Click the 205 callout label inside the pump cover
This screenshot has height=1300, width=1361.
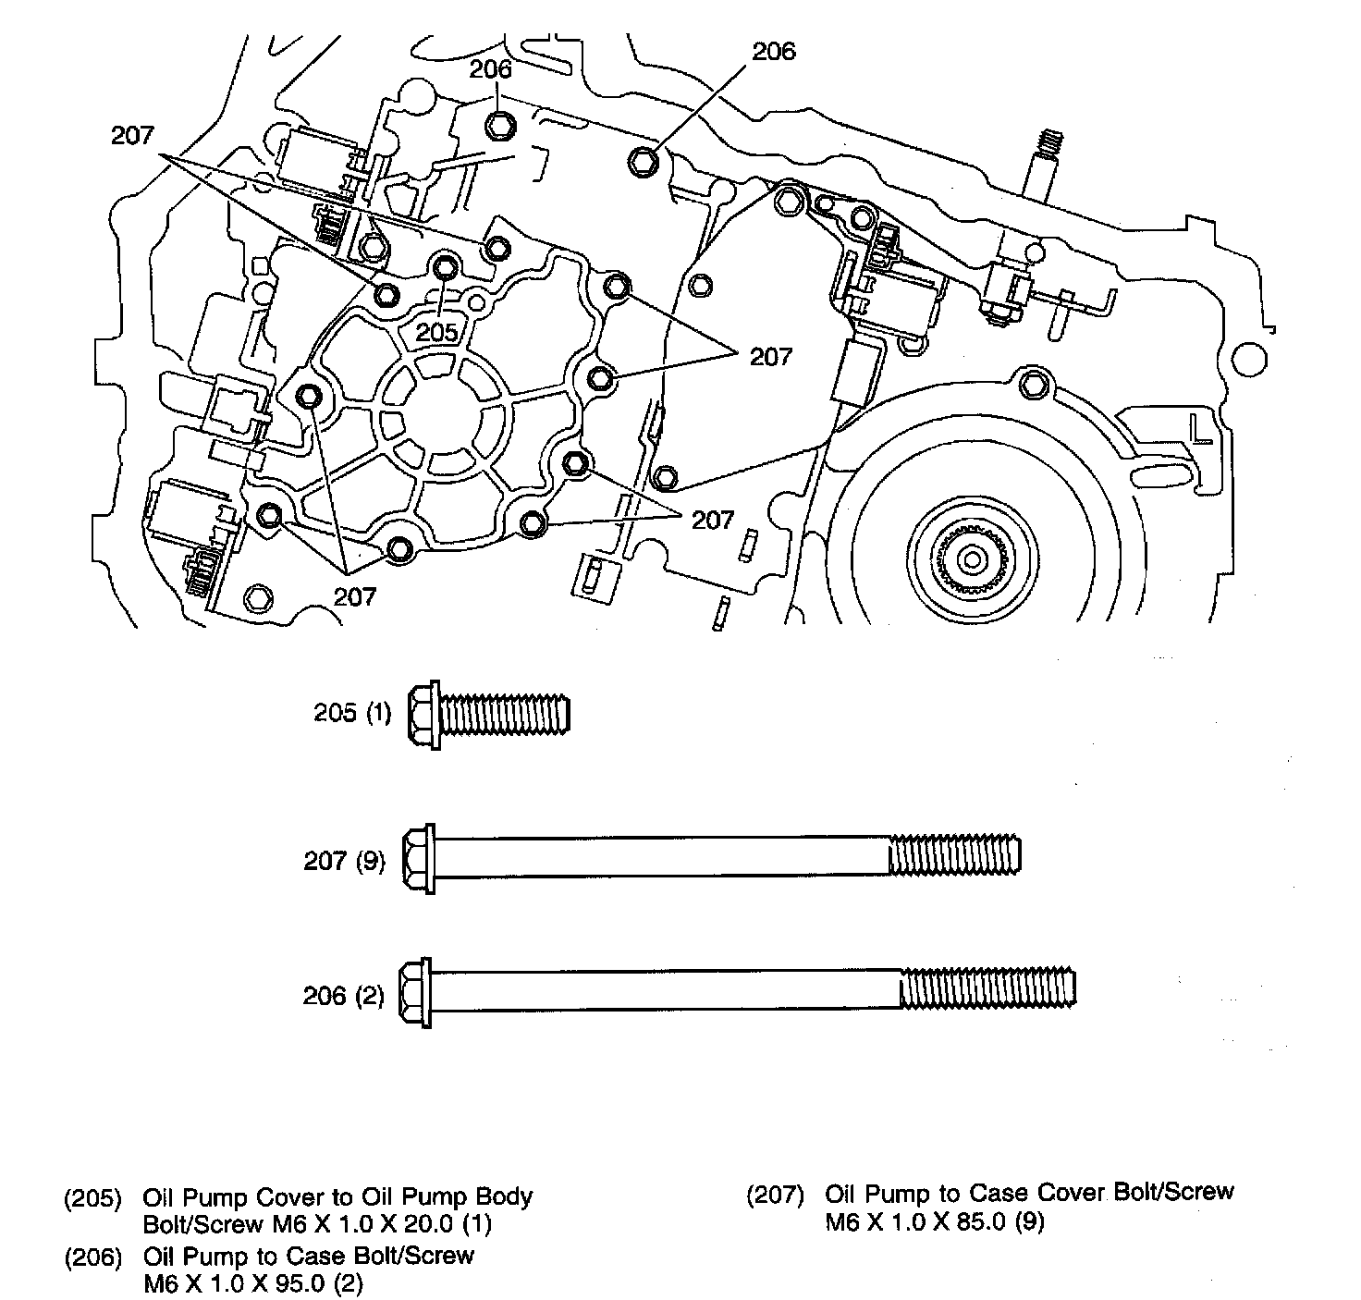pos(437,332)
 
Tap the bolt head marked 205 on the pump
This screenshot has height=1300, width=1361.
pos(445,268)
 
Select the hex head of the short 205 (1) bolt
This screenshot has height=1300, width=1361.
pos(423,714)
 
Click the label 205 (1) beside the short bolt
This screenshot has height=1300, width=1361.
pos(352,714)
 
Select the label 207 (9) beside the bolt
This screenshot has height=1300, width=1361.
pos(344,861)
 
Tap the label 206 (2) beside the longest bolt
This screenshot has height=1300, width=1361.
pos(343,996)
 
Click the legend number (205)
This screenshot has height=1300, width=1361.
pos(92,1198)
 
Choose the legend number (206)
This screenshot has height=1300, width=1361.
pos(92,1257)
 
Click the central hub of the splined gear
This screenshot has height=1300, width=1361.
pos(971,558)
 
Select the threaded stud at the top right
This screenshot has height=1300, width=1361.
pos(1046,146)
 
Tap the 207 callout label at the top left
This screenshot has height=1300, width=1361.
pos(132,135)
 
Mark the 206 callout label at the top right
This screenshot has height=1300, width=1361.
pos(774,52)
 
